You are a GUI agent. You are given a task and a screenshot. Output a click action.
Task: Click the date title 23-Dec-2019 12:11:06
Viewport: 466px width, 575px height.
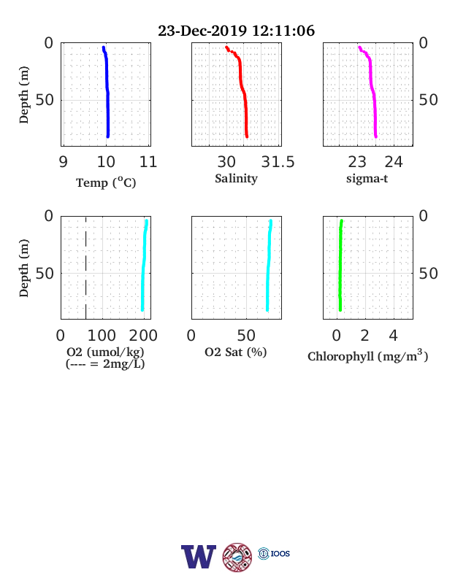point(236,31)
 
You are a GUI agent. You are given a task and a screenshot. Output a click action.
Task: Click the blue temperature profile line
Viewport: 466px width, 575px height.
point(107,92)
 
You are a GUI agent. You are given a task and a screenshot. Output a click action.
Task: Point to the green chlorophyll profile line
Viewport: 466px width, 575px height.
point(340,265)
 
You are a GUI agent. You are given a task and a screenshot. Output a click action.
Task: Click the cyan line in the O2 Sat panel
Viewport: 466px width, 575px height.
point(269,265)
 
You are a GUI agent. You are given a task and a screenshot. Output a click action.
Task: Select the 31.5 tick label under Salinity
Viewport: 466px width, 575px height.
point(278,162)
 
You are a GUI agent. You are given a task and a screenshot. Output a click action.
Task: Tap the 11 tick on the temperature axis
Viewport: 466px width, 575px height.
point(148,162)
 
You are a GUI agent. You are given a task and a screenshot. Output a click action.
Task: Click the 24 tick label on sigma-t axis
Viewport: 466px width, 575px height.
point(394,162)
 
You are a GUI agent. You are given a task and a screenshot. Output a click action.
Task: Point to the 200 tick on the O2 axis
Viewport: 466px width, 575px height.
point(143,335)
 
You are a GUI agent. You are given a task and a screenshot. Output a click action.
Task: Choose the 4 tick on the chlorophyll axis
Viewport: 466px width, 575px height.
point(393,335)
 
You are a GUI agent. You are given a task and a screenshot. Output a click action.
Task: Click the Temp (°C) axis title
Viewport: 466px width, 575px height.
point(106,182)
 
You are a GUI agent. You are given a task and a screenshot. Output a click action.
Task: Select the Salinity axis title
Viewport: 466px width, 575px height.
point(237,179)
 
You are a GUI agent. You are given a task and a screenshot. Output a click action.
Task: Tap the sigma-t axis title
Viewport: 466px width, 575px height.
point(367,179)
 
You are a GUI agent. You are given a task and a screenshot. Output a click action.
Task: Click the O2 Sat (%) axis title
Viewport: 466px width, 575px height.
point(236,352)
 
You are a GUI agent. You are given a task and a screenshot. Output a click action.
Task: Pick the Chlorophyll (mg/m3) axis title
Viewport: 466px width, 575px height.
point(367,355)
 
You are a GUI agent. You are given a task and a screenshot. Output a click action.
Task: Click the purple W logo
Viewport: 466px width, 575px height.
point(199,557)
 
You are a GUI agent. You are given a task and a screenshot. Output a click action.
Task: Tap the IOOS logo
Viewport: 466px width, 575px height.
point(274,553)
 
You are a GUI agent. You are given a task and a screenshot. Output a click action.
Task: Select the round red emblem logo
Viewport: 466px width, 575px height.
point(237,557)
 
